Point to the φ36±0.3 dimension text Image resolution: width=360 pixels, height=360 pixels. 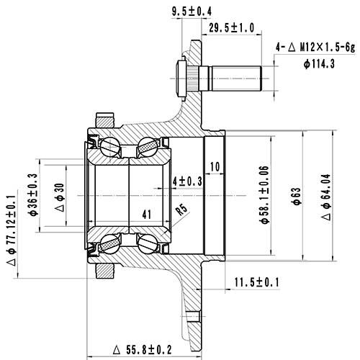click(34, 194)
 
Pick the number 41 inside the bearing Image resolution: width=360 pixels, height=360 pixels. click(147, 214)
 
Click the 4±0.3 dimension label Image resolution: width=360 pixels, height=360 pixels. click(188, 180)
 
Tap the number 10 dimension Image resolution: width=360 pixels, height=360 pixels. click(215, 166)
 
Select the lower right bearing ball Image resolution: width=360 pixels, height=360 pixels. click(149, 243)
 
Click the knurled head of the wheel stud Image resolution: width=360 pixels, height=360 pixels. click(183, 74)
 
